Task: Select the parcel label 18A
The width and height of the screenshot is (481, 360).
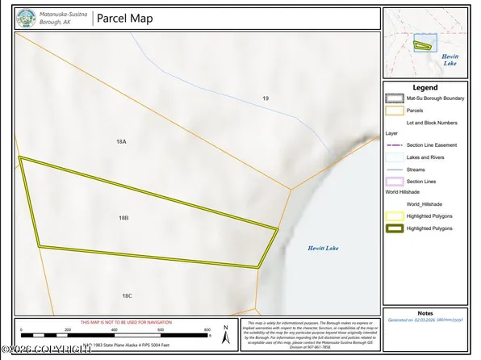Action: pyautogui.click(x=121, y=141)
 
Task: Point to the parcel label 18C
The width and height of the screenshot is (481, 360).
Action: pyautogui.click(x=127, y=296)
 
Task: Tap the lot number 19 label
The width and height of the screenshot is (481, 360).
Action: pyautogui.click(x=265, y=98)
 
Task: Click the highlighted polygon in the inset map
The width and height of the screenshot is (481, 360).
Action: pyautogui.click(x=422, y=45)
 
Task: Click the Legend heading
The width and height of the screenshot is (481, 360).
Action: pyautogui.click(x=425, y=87)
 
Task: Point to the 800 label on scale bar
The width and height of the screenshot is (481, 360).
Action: pyautogui.click(x=207, y=330)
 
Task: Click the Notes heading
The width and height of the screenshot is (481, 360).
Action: pyautogui.click(x=425, y=312)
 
